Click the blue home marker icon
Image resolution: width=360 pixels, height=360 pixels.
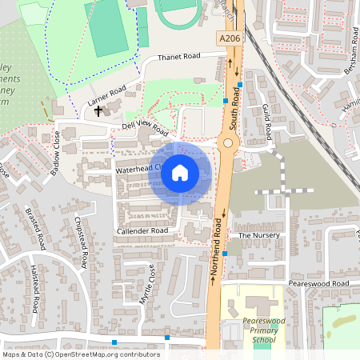click(180, 172)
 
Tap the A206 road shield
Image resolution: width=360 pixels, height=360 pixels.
click(228, 38)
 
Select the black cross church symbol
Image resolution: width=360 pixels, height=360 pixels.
click(99, 110)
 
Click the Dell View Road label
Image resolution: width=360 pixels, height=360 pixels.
click(145, 128)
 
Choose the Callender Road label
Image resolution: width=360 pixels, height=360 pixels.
click(142, 230)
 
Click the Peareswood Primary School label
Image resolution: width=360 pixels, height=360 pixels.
click(258, 330)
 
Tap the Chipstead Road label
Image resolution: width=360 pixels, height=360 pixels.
click(80, 242)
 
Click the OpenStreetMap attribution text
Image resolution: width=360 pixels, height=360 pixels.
click(81, 354)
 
